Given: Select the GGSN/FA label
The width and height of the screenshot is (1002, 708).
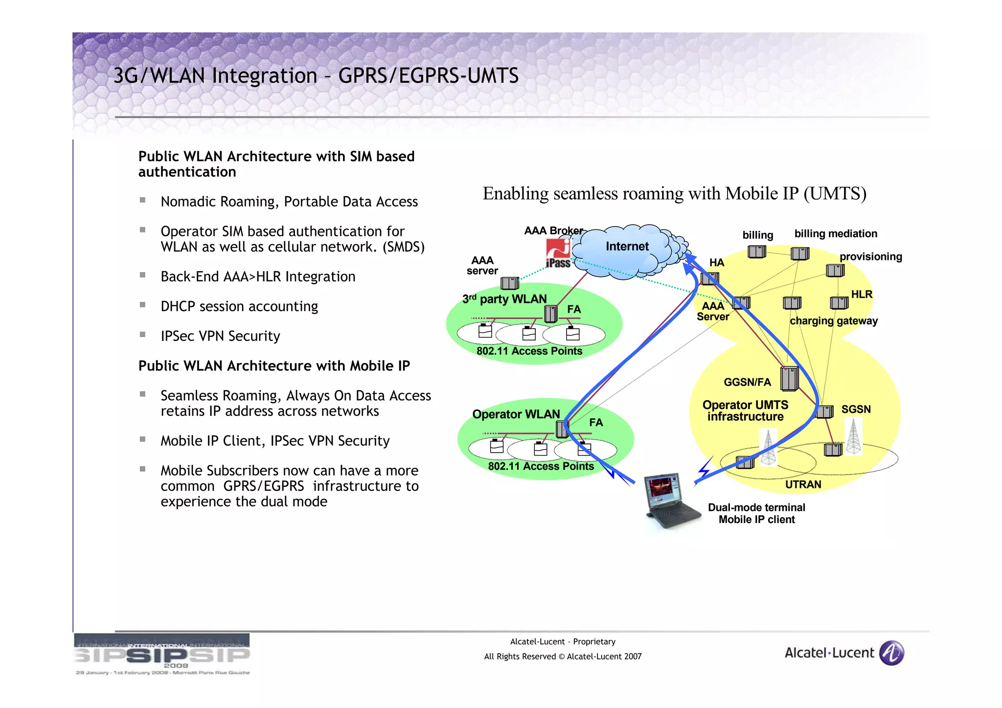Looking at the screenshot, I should tap(747, 382).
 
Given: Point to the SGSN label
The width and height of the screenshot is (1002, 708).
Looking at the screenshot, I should tap(856, 410).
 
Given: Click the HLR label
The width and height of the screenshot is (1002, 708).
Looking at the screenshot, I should tap(862, 295).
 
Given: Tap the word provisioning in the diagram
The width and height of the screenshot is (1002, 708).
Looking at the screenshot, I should tap(870, 257).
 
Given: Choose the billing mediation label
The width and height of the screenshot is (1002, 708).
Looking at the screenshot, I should tap(835, 234).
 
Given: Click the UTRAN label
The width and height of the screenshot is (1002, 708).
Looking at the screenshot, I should tap(803, 484).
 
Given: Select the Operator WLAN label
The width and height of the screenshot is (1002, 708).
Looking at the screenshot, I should tap(516, 414).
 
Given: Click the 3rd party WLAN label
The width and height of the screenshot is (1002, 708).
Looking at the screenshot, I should tap(504, 299).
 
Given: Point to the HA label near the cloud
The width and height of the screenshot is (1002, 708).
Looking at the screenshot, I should tap(716, 263).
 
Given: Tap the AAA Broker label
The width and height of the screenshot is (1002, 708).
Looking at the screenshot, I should tap(553, 231).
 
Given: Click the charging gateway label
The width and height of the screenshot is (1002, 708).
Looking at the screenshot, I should tap(833, 321).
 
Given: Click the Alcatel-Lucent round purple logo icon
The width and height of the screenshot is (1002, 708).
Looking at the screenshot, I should tap(891, 653).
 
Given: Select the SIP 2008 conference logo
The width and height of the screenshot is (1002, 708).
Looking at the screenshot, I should tap(162, 654).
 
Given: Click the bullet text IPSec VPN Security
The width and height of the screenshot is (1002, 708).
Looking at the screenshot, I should tap(220, 336).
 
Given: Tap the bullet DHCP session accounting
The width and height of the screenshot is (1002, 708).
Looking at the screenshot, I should tap(239, 306).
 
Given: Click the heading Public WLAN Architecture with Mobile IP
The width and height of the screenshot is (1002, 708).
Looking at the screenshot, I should tap(274, 366).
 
